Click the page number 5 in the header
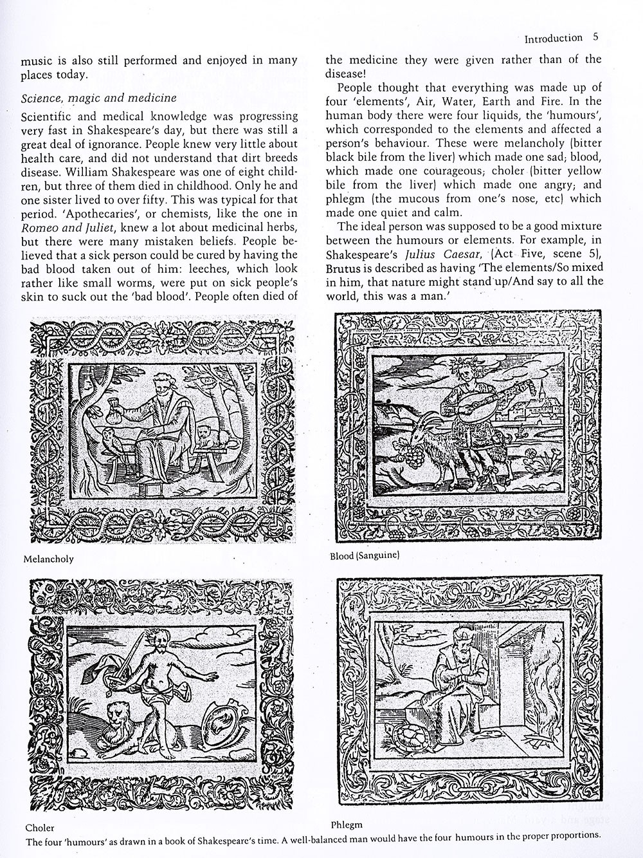595,37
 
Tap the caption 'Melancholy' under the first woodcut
48,559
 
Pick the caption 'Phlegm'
347,825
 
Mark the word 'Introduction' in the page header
553,38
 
